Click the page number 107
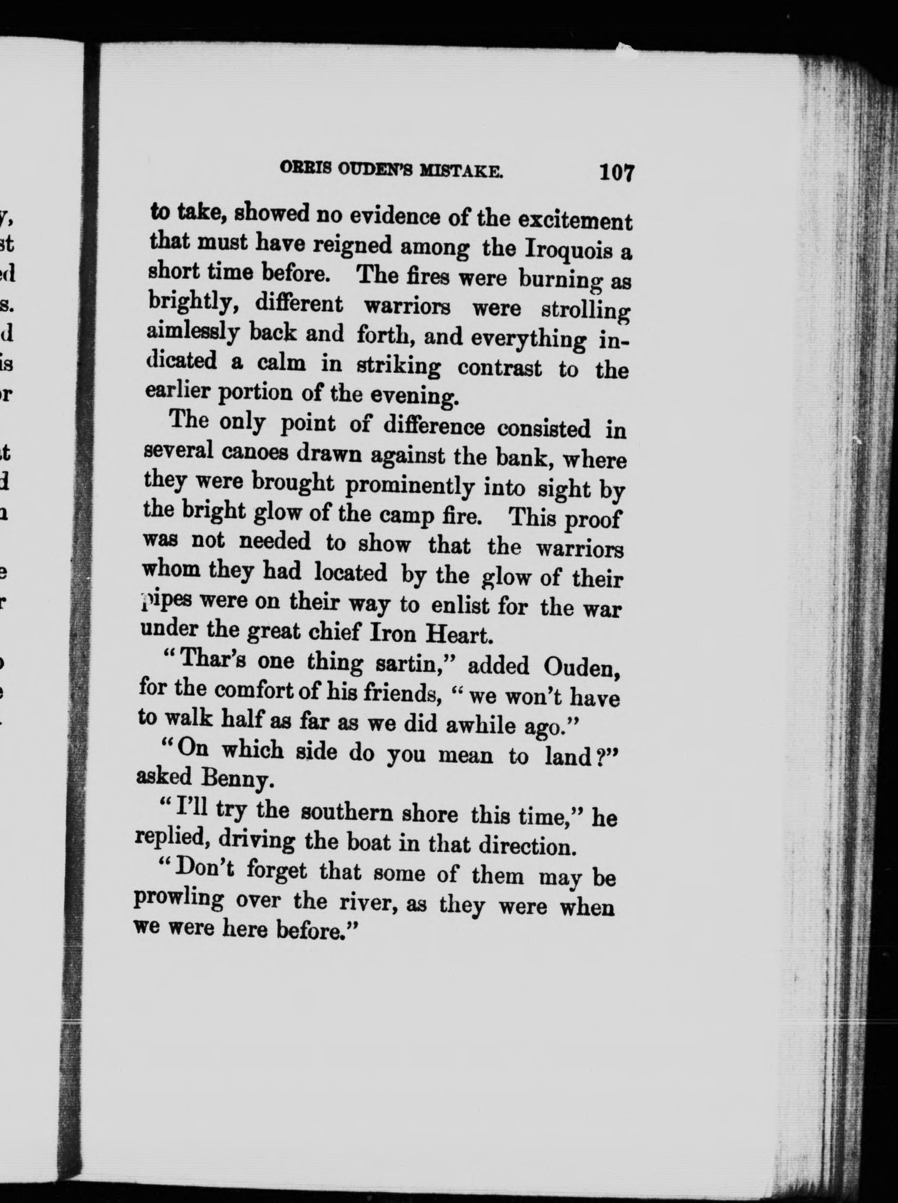[x=617, y=173]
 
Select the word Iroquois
[x=569, y=251]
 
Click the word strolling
[x=586, y=311]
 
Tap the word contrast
[x=499, y=368]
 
